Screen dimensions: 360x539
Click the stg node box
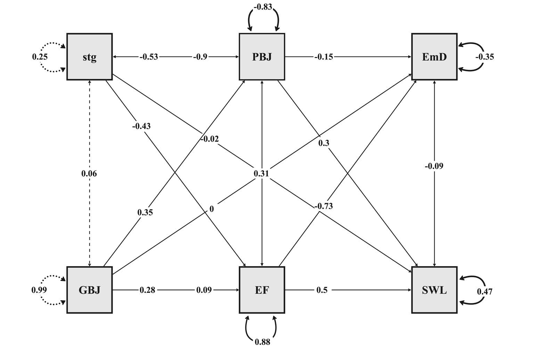pyautogui.click(x=90, y=57)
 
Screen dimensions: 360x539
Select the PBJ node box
pyautogui.click(x=262, y=57)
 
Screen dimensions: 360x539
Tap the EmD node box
pyautogui.click(x=434, y=57)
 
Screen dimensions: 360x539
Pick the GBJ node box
pyautogui.click(x=90, y=290)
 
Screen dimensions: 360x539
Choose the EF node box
pyautogui.click(x=262, y=290)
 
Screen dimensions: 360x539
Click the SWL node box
pyautogui.click(x=434, y=290)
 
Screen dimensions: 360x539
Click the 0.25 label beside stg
pyautogui.click(x=40, y=57)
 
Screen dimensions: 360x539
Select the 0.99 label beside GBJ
pyautogui.click(x=39, y=290)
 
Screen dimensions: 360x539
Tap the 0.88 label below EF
pyautogui.click(x=262, y=342)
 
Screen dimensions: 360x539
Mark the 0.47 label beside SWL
pyautogui.click(x=484, y=291)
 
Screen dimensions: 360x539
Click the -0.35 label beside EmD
pyautogui.click(x=484, y=57)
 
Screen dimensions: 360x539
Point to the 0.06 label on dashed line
pyautogui.click(x=89, y=174)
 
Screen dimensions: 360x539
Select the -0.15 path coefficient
pyautogui.click(x=324, y=57)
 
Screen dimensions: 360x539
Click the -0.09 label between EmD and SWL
pyautogui.click(x=434, y=166)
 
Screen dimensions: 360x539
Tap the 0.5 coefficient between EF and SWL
pyautogui.click(x=322, y=290)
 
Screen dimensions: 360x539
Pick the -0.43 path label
pyautogui.click(x=141, y=126)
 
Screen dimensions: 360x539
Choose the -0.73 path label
pyautogui.click(x=323, y=206)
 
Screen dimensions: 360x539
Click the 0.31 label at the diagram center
pyautogui.click(x=261, y=173)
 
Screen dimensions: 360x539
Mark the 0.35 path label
pyautogui.click(x=145, y=212)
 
